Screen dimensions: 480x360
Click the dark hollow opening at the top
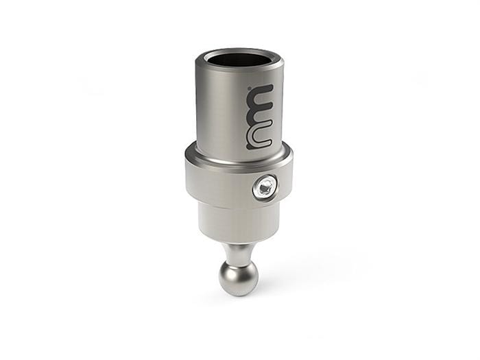pos(241,59)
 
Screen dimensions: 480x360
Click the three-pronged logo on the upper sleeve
pos(260,117)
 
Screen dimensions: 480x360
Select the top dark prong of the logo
pos(260,91)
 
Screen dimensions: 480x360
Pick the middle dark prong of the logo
pos(260,117)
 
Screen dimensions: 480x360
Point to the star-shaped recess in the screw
pos(265,187)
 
